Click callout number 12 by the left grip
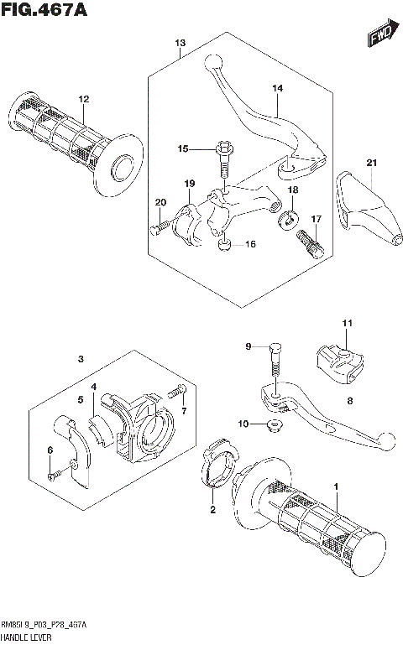pos(84,100)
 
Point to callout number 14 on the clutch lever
pos(278,88)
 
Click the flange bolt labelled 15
pos(223,159)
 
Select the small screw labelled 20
pos(157,226)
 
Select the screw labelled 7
pos(177,391)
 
